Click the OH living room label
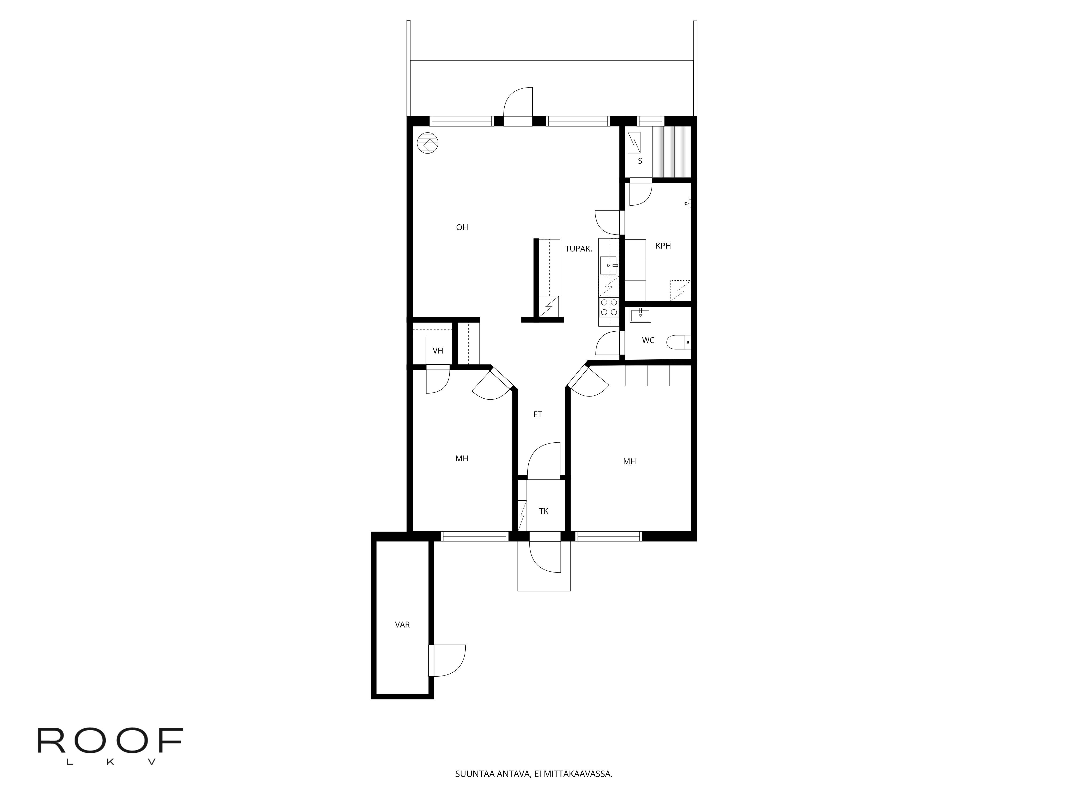pyautogui.click(x=462, y=227)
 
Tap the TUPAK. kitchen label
pyautogui.click(x=578, y=249)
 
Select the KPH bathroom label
pyautogui.click(x=663, y=246)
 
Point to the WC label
pyautogui.click(x=648, y=340)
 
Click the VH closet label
pyautogui.click(x=438, y=351)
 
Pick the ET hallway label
pyautogui.click(x=538, y=414)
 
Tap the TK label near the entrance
pyautogui.click(x=544, y=511)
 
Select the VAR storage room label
pyautogui.click(x=403, y=625)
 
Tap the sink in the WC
pyautogui.click(x=640, y=315)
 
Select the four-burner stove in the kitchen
pyautogui.click(x=608, y=307)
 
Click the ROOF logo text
pyautogui.click(x=111, y=741)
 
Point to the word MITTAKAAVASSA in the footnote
pyautogui.click(x=578, y=787)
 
